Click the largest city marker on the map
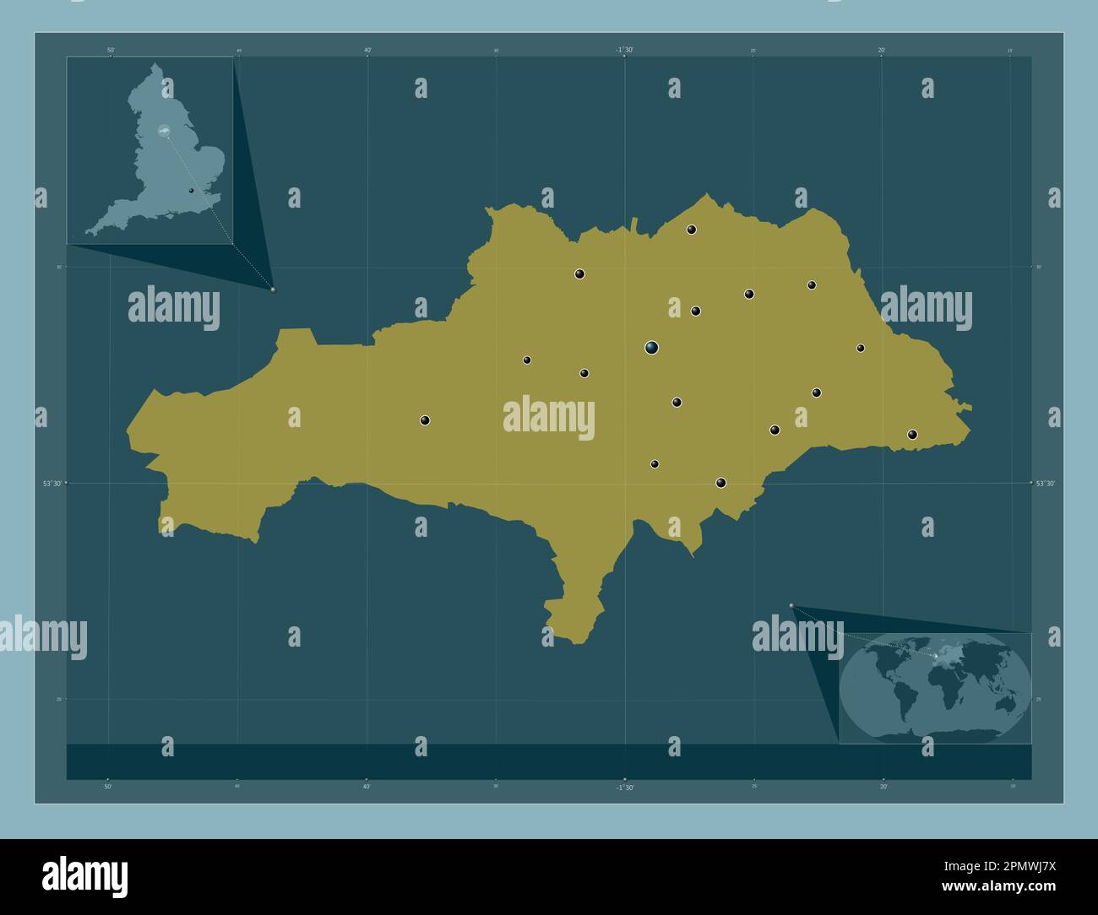pos(651,347)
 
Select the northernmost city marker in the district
pos(691,230)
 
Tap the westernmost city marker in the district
pos(425,420)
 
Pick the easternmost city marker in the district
pos(912,435)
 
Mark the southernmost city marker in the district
pos(720,483)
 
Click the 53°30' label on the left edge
pos(52,484)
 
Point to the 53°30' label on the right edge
pos(1046,484)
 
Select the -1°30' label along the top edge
pos(624,50)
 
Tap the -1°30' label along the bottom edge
pos(624,787)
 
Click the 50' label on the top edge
pos(111,51)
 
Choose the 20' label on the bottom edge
pos(882,786)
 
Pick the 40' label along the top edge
pos(367,51)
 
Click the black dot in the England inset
pos(192,191)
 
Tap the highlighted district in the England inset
pos(164,131)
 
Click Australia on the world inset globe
pos(1004,702)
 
